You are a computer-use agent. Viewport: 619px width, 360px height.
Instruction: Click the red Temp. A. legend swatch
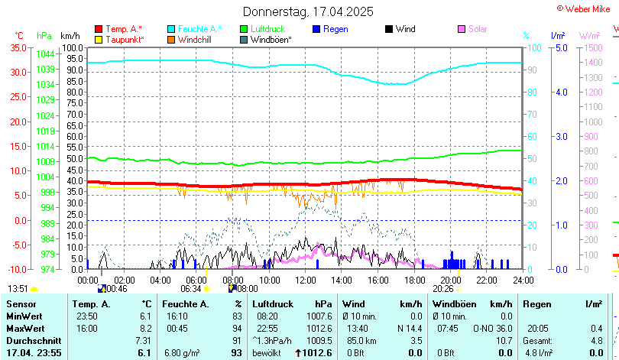coord(99,29)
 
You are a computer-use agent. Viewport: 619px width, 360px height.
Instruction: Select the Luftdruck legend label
coord(268,29)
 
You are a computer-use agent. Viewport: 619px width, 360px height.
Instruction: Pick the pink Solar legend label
coord(478,29)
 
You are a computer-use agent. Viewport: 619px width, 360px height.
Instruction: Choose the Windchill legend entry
coord(195,39)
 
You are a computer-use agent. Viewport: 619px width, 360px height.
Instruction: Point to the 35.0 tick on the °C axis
coord(17,47)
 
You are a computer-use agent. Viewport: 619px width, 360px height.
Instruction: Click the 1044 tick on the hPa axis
coord(45,54)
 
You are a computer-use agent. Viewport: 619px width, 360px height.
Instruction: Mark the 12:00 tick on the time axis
coord(305,281)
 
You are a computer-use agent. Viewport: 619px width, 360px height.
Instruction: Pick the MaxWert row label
coord(24,329)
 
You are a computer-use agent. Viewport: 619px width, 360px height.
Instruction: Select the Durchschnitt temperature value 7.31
coord(143,340)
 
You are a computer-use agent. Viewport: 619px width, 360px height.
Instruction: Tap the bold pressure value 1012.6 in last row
coord(318,352)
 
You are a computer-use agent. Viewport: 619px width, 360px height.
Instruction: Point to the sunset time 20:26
coord(443,289)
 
